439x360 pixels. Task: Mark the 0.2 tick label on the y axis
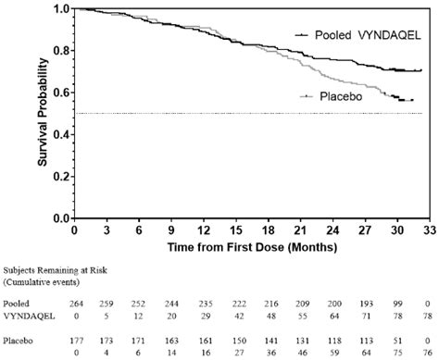point(60,176)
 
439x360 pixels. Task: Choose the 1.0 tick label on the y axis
point(60,8)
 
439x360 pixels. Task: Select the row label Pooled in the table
point(16,303)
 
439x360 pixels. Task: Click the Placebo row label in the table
point(18,340)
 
